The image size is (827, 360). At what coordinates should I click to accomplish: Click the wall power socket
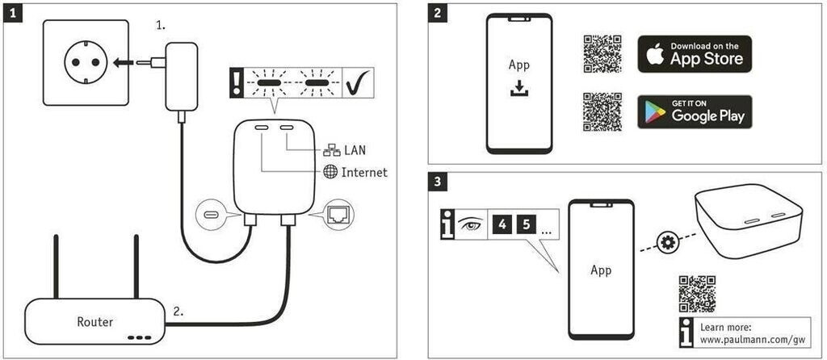(86, 62)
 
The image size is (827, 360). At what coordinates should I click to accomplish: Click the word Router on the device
(95, 321)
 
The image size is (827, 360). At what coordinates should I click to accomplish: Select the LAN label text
(355, 150)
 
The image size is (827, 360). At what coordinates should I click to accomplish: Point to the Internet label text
(364, 172)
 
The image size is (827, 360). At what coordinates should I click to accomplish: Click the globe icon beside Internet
(330, 172)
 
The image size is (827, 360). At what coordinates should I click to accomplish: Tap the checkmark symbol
(358, 82)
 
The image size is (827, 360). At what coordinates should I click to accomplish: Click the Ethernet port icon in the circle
(337, 213)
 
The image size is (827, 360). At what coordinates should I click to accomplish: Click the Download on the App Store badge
(695, 54)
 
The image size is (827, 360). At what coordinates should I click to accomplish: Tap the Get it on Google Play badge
(695, 111)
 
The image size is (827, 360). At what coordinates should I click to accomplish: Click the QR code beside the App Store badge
(602, 54)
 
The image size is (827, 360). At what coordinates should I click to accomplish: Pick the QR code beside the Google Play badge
(602, 111)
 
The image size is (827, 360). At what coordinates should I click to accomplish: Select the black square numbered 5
(527, 224)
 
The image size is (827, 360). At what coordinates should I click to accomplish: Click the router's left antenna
(56, 266)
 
